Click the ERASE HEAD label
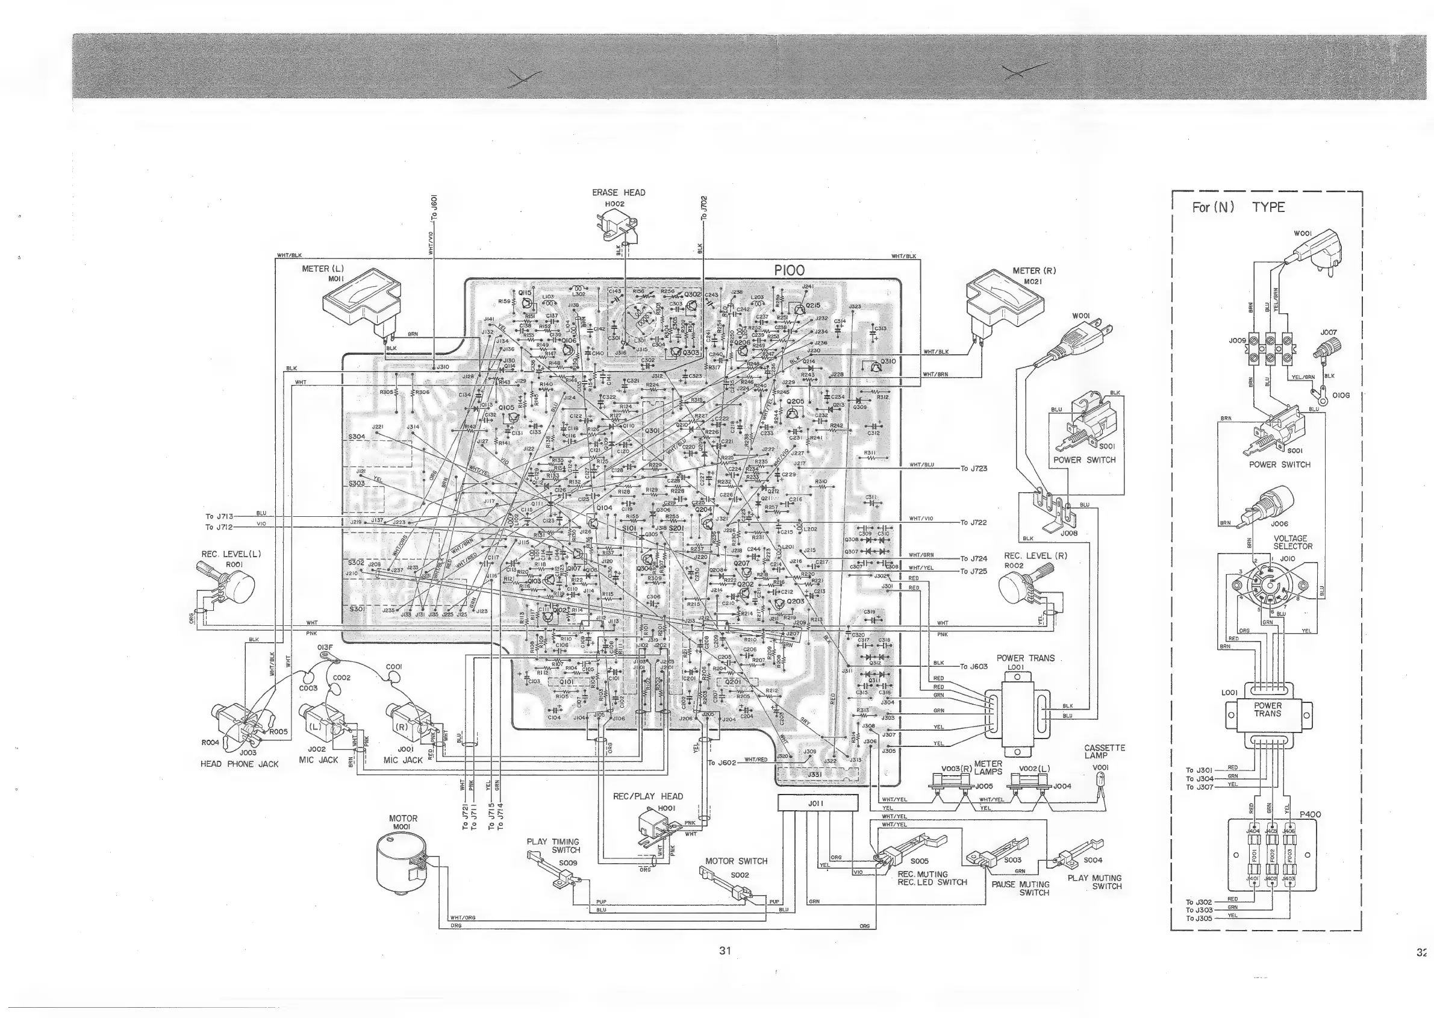click(x=618, y=192)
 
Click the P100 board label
click(x=790, y=271)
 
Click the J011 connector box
click(x=817, y=803)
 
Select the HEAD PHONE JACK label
click(x=238, y=764)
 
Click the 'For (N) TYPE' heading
click(x=1238, y=207)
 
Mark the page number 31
click(x=725, y=951)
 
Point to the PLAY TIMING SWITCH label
click(x=553, y=846)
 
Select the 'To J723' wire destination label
click(x=974, y=468)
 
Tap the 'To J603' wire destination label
click(x=974, y=666)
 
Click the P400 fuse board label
click(x=1310, y=814)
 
